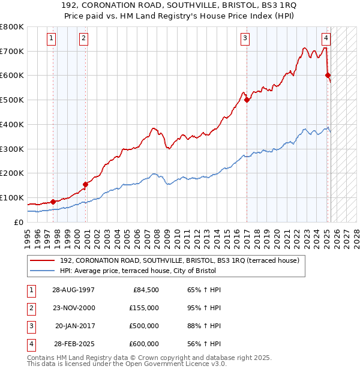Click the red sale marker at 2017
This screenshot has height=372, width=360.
247,100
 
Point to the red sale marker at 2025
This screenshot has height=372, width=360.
328,75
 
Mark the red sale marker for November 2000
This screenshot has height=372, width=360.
85,184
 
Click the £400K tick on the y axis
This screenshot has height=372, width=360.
12,124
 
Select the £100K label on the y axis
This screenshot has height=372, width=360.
12,197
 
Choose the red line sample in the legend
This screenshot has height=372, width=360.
43,260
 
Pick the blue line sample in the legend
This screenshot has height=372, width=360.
43,271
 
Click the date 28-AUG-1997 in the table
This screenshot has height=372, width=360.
73,290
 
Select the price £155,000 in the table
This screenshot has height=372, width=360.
144,308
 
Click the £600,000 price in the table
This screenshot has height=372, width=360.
144,344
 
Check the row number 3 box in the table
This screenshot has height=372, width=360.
30,326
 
